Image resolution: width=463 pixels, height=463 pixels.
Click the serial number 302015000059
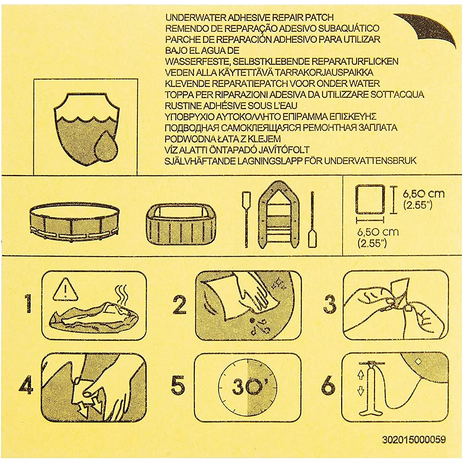(414, 440)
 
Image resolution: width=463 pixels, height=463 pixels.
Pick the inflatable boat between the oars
(278, 215)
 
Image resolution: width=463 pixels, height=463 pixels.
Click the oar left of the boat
(246, 219)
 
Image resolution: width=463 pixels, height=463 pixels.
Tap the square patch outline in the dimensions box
(370, 199)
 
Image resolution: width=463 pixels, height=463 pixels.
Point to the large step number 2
(180, 305)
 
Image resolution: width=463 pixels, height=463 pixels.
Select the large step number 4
(26, 385)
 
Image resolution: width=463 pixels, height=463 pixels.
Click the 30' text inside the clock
(246, 387)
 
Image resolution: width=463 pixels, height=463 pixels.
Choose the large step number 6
(328, 385)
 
